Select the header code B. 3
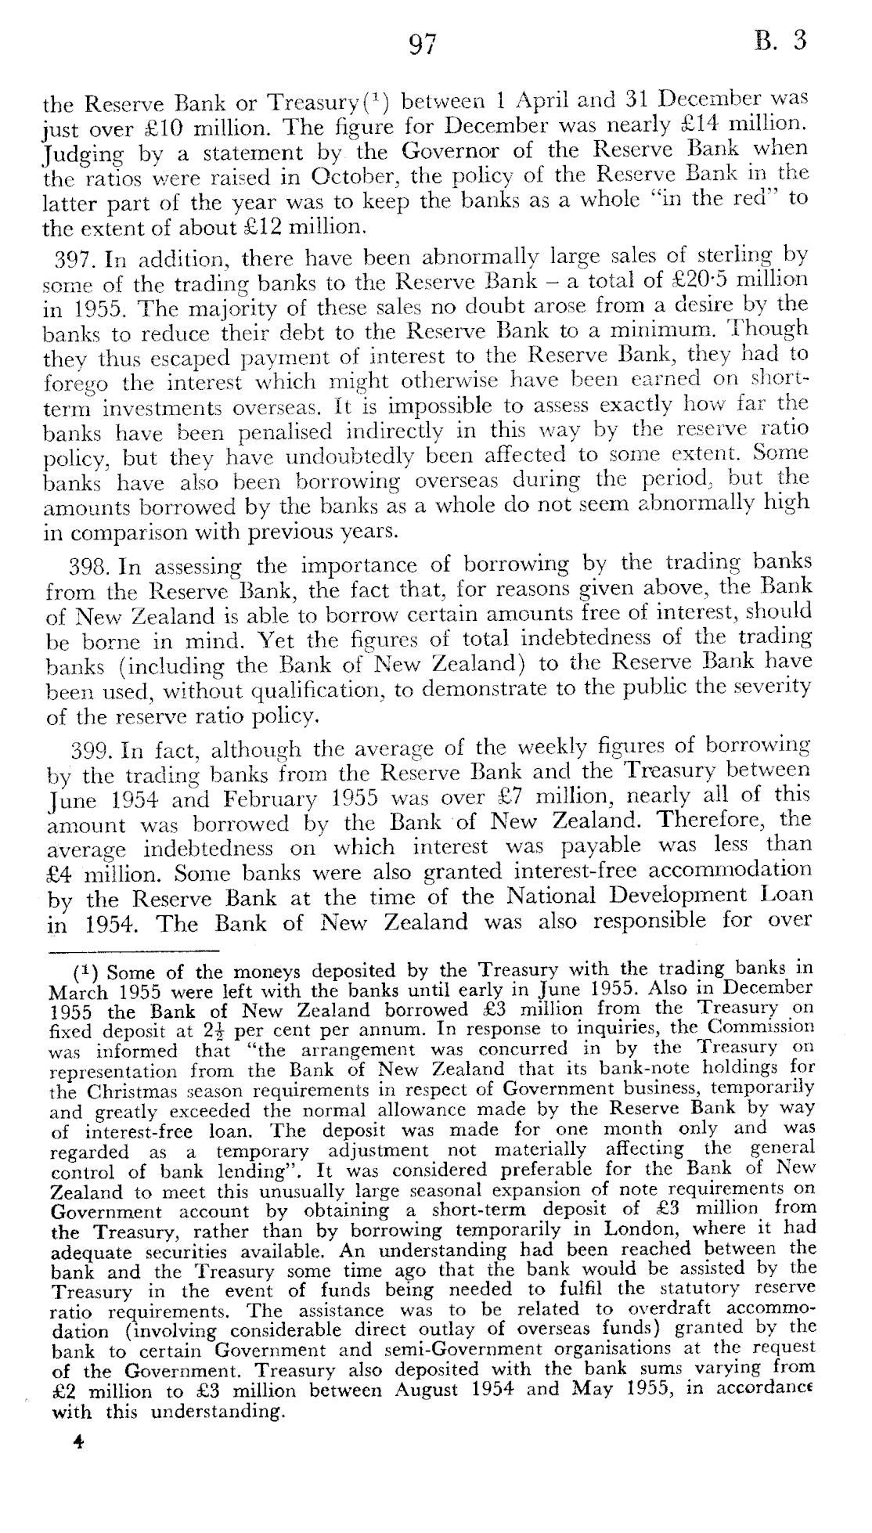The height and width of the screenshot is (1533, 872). pyautogui.click(x=780, y=41)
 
